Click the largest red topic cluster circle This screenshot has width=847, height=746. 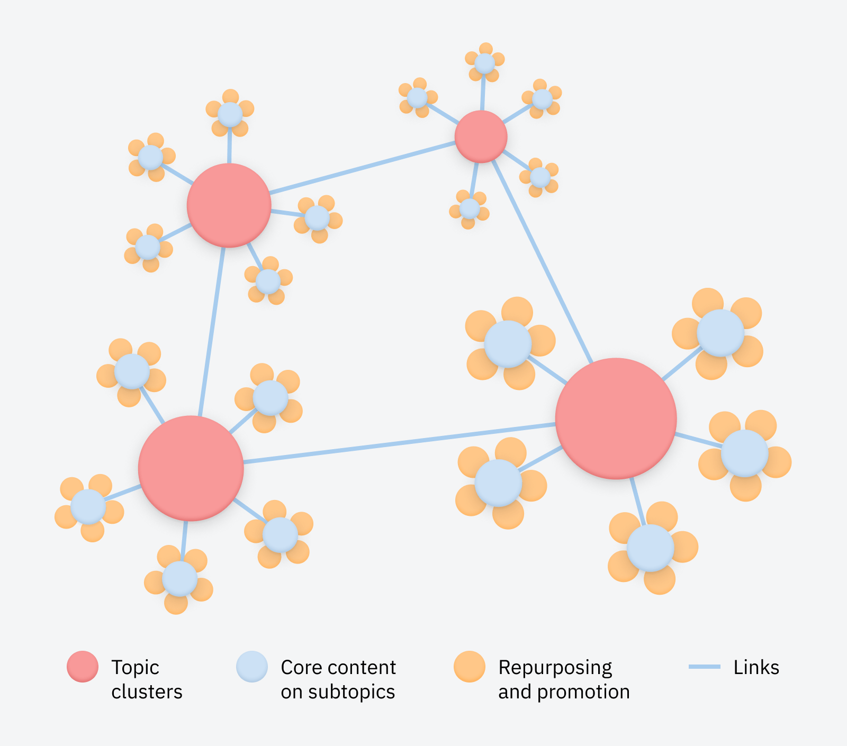click(x=616, y=419)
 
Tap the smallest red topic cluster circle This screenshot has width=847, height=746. click(x=481, y=137)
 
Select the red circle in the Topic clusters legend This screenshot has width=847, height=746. click(x=83, y=667)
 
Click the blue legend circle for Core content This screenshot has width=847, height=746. click(x=252, y=667)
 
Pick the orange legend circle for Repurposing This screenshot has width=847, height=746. click(x=470, y=667)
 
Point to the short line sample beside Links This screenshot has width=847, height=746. click(x=704, y=667)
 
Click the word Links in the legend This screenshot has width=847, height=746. click(x=756, y=668)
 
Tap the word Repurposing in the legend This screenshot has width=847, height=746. click(x=555, y=668)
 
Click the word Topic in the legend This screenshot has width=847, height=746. click(x=135, y=668)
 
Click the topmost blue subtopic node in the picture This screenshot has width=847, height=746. click(x=484, y=63)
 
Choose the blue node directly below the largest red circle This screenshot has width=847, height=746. click(x=650, y=548)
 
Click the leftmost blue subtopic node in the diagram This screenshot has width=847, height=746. click(x=88, y=506)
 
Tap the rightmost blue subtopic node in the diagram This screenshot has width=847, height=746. click(x=744, y=453)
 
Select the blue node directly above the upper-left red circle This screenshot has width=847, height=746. click(x=230, y=114)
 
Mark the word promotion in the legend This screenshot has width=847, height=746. click(x=583, y=692)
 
